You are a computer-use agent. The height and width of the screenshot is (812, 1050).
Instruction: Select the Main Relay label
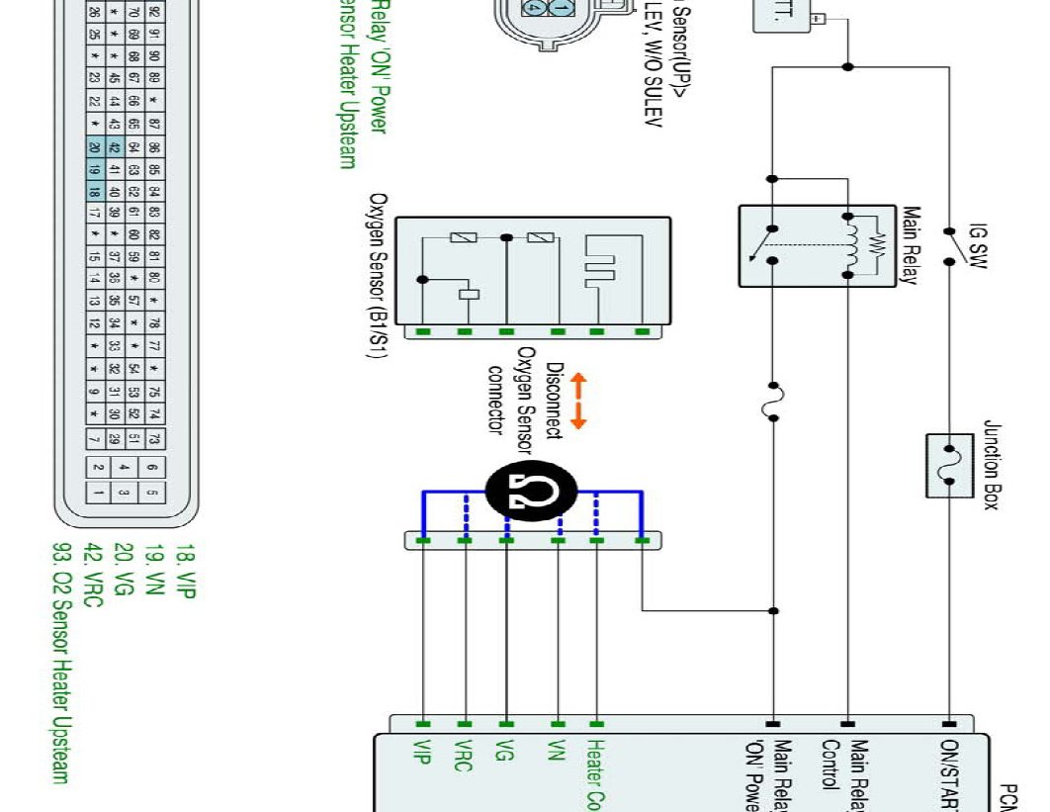[x=911, y=245]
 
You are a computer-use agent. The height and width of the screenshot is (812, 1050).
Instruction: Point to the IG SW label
[x=978, y=243]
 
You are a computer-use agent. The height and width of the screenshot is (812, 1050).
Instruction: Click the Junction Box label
[x=992, y=464]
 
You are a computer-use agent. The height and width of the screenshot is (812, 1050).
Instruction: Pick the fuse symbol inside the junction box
[x=949, y=465]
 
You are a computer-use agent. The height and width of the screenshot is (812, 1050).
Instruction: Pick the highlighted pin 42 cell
[x=115, y=147]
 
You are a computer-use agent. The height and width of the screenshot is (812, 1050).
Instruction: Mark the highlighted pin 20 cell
[x=95, y=147]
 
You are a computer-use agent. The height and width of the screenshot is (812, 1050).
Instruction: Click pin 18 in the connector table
[x=95, y=191]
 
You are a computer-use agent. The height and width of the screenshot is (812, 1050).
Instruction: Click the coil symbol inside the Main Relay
[x=848, y=243]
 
